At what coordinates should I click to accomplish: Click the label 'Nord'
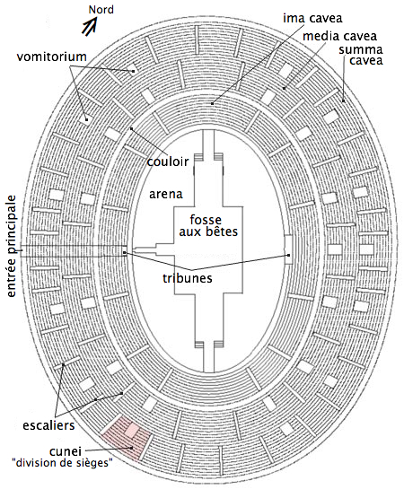point(101,10)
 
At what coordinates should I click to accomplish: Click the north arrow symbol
point(89,26)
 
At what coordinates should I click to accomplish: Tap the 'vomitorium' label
point(51,57)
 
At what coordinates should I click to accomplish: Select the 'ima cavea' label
point(312,19)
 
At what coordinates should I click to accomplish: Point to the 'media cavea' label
point(339,37)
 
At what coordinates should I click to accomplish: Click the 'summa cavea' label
point(362,55)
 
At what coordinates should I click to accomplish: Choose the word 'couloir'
point(168,162)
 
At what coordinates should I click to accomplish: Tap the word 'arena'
point(166,194)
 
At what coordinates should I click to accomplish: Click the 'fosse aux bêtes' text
point(208,225)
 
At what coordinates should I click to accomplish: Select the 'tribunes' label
point(188,278)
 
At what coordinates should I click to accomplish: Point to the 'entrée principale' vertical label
point(12,246)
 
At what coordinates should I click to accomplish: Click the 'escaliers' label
point(48,425)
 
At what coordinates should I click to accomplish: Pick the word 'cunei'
point(66,451)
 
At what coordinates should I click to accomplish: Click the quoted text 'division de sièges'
point(62,463)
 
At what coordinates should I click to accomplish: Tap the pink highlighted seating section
point(127,438)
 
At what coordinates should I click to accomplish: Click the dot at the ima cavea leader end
point(212,103)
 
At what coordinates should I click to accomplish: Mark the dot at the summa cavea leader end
point(344,101)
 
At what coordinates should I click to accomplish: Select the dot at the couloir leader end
point(131,128)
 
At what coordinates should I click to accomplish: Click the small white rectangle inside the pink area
point(132,431)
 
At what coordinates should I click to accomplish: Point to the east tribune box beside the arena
point(288,249)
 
